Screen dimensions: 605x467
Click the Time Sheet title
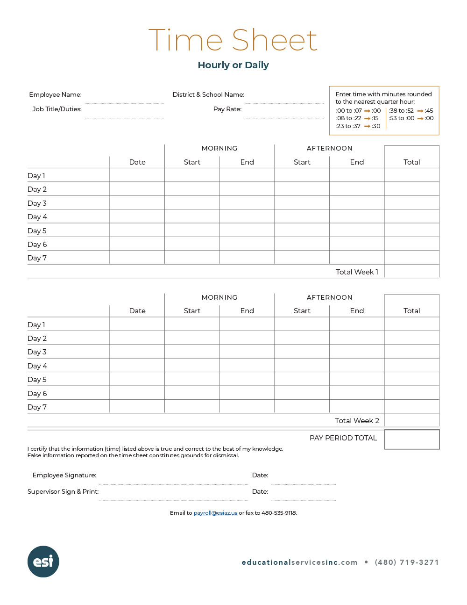[233, 40]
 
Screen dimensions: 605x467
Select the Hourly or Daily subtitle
[233, 65]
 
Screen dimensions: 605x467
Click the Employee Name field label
[55, 94]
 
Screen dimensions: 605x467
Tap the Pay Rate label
[227, 109]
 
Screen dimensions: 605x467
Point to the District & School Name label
[208, 94]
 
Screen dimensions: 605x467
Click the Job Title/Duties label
[57, 109]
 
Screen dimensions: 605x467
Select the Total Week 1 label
[357, 272]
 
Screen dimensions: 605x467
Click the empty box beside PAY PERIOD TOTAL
[412, 439]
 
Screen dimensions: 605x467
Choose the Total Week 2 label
[357, 420]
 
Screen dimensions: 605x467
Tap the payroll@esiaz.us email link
[215, 513]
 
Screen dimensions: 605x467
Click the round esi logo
[43, 562]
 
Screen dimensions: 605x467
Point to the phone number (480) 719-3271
[407, 562]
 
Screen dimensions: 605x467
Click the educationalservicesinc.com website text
[299, 562]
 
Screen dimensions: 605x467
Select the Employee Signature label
[64, 475]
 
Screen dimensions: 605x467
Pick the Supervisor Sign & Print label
[63, 491]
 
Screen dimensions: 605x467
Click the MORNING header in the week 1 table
[219, 148]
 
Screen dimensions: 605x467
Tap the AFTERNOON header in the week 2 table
[329, 297]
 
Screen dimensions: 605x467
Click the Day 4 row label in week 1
[37, 217]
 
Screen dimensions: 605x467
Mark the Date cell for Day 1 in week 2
[137, 324]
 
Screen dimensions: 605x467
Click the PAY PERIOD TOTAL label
[343, 438]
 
